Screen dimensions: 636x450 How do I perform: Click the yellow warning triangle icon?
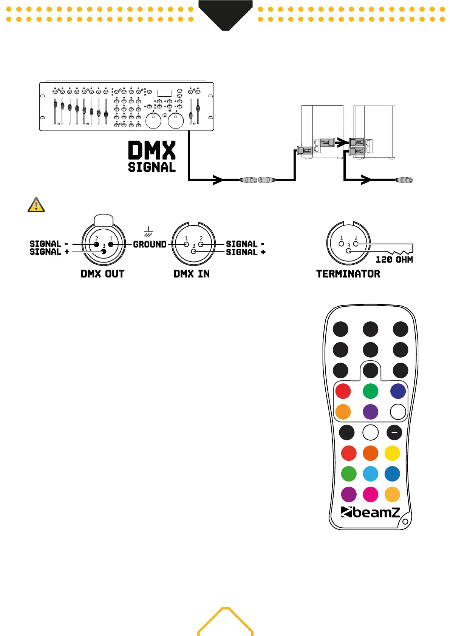pyautogui.click(x=36, y=205)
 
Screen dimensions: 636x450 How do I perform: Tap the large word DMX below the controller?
pyautogui.click(x=152, y=150)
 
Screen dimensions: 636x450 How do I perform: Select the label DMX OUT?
pyautogui.click(x=102, y=274)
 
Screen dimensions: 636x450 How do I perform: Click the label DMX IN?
pyautogui.click(x=192, y=274)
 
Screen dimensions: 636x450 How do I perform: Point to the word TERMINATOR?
pyautogui.click(x=348, y=274)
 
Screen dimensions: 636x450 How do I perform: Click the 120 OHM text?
pyautogui.click(x=394, y=259)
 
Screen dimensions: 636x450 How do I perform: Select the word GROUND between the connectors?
pyautogui.click(x=150, y=244)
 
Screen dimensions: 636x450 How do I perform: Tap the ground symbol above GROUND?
pyautogui.click(x=148, y=232)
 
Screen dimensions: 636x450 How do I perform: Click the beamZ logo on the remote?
pyautogui.click(x=370, y=512)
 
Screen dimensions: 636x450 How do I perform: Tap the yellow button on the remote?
pyautogui.click(x=392, y=453)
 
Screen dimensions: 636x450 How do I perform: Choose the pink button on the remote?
pyautogui.click(x=370, y=494)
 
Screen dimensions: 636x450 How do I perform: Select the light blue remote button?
pyautogui.click(x=370, y=474)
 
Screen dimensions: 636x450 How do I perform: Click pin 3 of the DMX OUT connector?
pyautogui.click(x=104, y=252)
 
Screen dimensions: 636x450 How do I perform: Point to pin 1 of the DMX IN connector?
pyautogui.click(x=186, y=244)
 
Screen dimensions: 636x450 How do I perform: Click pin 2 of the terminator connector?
pyautogui.click(x=356, y=244)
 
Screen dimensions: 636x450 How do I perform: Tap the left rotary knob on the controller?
pyautogui.click(x=153, y=121)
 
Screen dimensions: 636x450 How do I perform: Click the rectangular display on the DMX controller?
pyautogui.click(x=164, y=93)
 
